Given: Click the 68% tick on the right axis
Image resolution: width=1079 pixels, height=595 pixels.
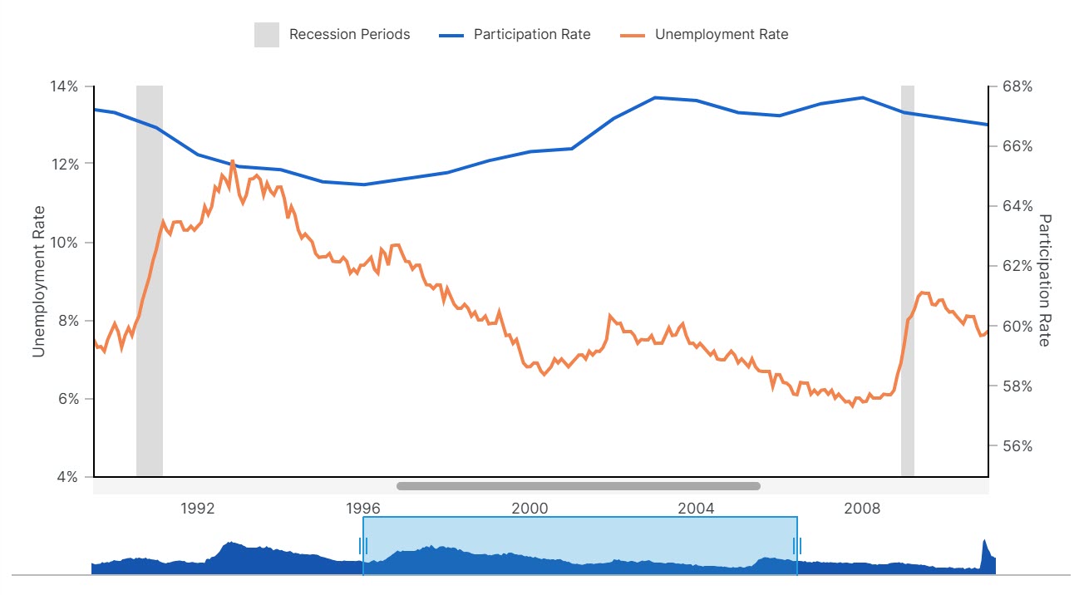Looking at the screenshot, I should point(1015,86).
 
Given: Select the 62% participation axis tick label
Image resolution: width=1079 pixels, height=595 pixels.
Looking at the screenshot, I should point(1015,266).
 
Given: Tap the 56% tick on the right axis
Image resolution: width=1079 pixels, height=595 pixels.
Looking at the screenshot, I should point(1015,446).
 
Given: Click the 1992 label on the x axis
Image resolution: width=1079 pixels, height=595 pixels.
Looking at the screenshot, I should point(198,508).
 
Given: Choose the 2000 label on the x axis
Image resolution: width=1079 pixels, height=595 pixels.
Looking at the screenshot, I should point(530,508).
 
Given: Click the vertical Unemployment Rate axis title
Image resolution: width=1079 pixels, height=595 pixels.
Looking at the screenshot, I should point(38,281).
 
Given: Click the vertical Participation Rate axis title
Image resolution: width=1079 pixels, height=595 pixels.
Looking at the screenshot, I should point(1045,281).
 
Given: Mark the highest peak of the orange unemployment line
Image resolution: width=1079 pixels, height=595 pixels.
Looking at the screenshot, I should point(232,160).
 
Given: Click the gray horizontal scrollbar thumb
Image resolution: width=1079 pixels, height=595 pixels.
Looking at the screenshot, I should point(579,486).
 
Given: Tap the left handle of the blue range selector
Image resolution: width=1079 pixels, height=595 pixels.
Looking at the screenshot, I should point(363,545).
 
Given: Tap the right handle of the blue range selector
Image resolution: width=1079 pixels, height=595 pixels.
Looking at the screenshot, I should point(797,545).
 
